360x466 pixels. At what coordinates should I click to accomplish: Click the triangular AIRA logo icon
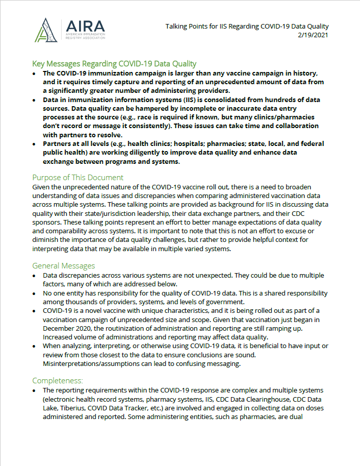[48, 30]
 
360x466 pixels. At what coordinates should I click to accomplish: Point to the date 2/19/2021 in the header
[312, 35]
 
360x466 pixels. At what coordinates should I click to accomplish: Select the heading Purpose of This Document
[78, 178]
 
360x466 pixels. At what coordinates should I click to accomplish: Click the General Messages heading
[63, 266]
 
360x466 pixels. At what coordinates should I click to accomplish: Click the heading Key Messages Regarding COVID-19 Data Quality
[114, 64]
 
